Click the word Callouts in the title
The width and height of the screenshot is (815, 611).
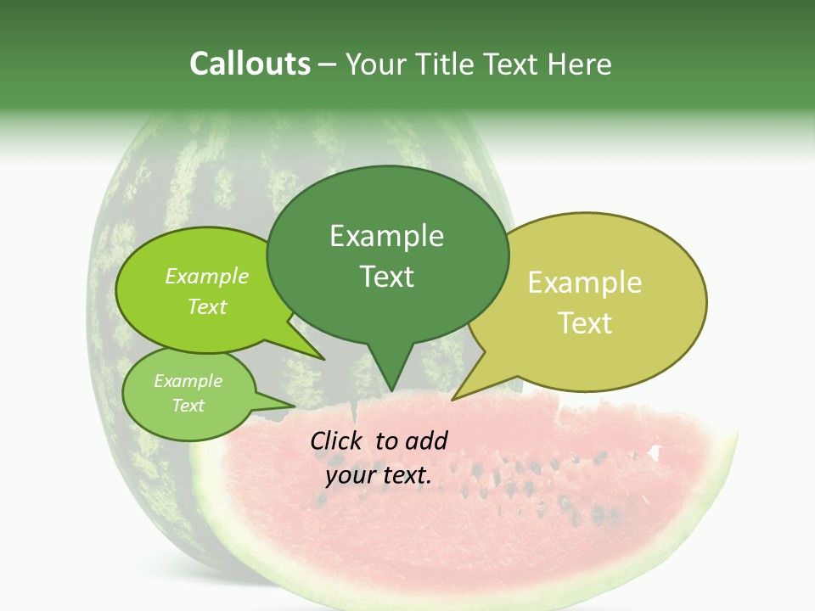pos(250,64)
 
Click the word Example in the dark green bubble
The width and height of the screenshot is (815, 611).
pos(386,236)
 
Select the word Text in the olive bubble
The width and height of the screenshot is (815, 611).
pos(585,323)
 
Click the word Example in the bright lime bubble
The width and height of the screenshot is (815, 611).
pos(207,276)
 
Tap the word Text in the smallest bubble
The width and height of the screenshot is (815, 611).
pos(188,406)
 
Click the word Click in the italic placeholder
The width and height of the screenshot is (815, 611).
pos(336,440)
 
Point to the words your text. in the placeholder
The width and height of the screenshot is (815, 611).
pos(379,476)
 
